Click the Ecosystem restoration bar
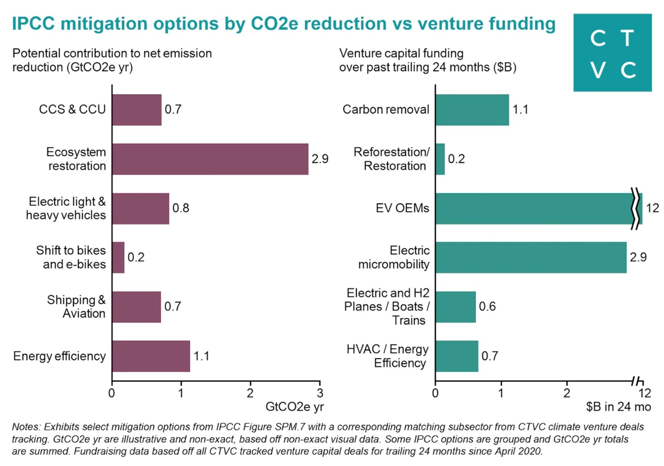point(210,159)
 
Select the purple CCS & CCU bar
point(137,110)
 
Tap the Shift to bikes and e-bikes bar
point(118,258)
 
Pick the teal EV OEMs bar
point(533,208)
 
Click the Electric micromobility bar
point(530,258)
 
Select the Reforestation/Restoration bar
point(440,159)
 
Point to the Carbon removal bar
point(472,110)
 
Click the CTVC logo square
point(612,53)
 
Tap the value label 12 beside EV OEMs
point(652,208)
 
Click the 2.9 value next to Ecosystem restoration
point(320,159)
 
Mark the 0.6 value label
point(487,306)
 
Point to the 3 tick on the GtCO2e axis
point(320,393)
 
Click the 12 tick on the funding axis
point(645,393)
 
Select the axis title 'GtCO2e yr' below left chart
point(294,407)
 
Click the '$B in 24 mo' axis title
point(618,407)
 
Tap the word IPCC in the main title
point(33,23)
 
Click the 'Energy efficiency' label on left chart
point(59,356)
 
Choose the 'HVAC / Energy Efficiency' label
point(388,356)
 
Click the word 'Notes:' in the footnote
point(26,427)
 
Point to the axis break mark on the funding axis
point(637,381)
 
